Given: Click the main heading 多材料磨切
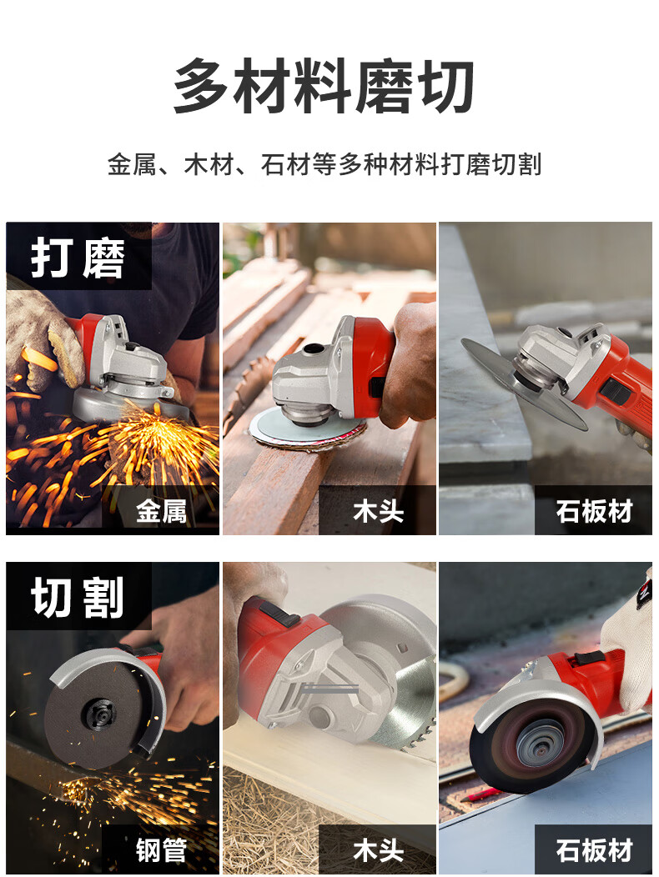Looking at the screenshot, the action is (x=324, y=86).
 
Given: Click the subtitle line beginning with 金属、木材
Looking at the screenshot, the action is (x=324, y=165).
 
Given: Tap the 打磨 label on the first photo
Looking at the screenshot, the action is (x=78, y=258).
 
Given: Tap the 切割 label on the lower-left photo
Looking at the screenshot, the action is (x=78, y=598).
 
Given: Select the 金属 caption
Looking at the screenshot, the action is (x=161, y=511).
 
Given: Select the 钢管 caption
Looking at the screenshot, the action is (x=161, y=850).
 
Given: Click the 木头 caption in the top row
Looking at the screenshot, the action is (x=378, y=511).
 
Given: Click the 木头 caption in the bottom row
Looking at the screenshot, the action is (x=378, y=850).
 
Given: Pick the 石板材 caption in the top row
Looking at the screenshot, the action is (x=594, y=511).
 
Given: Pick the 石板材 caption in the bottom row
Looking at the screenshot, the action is (x=594, y=850).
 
